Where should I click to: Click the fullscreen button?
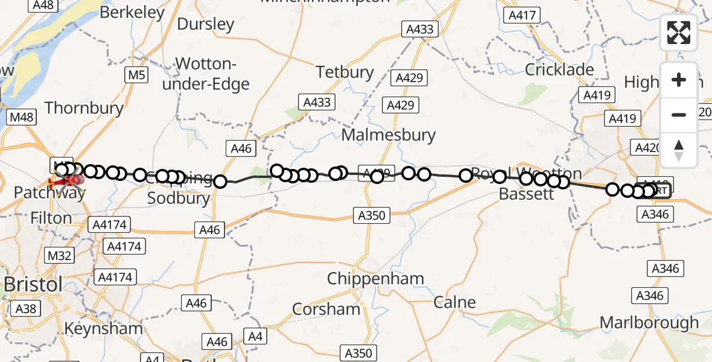(x=679, y=33)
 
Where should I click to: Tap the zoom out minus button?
(x=679, y=115)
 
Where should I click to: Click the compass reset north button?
(x=679, y=150)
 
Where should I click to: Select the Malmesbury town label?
(x=389, y=135)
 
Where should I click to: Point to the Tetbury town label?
(x=345, y=72)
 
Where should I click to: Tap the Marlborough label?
(x=649, y=322)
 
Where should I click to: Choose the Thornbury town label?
(x=84, y=108)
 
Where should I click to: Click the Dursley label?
(x=205, y=24)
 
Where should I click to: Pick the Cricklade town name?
(x=559, y=70)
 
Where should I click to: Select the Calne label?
(x=454, y=302)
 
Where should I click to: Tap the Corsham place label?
(x=326, y=310)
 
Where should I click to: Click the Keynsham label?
(x=103, y=329)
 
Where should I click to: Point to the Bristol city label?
(x=33, y=285)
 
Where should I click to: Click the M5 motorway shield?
(x=136, y=75)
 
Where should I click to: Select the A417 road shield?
(x=523, y=16)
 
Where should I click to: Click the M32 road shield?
(x=59, y=255)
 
